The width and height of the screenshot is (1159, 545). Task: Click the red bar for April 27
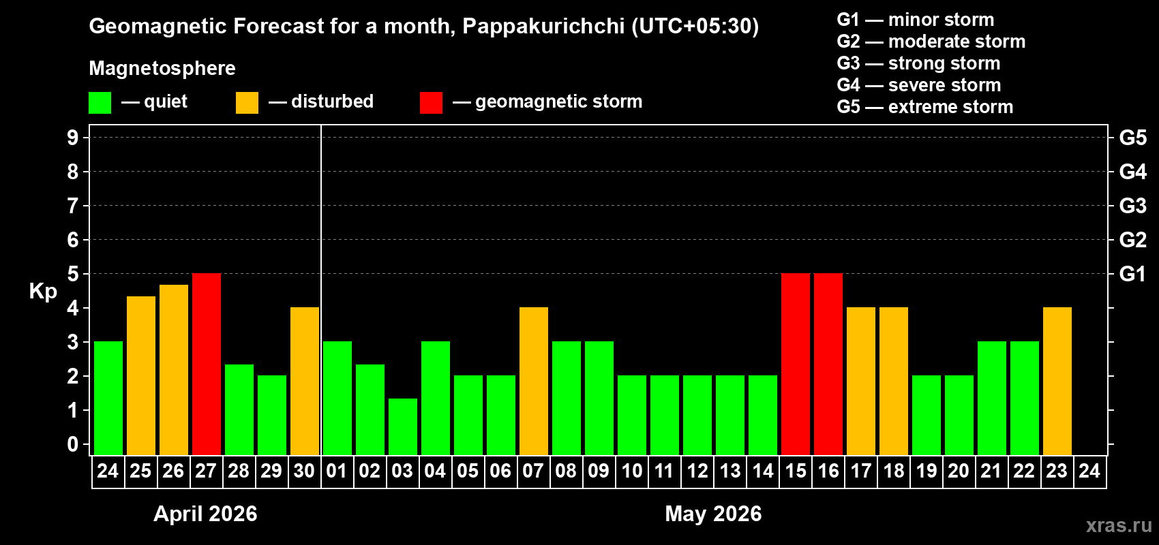(207, 364)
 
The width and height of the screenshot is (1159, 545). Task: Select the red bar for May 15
(796, 364)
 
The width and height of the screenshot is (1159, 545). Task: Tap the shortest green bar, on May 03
(403, 426)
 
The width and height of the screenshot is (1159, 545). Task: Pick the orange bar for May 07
(534, 381)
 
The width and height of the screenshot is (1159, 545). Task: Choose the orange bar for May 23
(1057, 381)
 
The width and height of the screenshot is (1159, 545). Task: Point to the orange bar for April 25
(141, 375)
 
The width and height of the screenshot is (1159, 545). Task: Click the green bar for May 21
(992, 398)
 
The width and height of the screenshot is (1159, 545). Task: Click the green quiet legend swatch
(100, 103)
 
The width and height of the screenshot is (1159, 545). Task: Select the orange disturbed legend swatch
(247, 103)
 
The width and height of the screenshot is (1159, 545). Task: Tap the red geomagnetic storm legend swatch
(431, 103)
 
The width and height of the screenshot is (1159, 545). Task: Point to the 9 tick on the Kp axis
(73, 138)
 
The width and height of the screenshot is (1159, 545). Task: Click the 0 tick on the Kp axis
(73, 444)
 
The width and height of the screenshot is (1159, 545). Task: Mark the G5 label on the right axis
(1132, 138)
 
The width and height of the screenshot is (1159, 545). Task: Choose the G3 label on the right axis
(1132, 206)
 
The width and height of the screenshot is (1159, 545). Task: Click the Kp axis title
(43, 292)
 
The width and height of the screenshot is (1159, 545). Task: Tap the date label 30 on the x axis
(304, 471)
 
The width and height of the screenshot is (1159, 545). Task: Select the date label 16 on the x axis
(828, 471)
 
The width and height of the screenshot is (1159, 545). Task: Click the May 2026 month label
(713, 514)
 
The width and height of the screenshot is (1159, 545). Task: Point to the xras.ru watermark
(1119, 525)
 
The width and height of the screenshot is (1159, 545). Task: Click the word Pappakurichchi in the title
(543, 27)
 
